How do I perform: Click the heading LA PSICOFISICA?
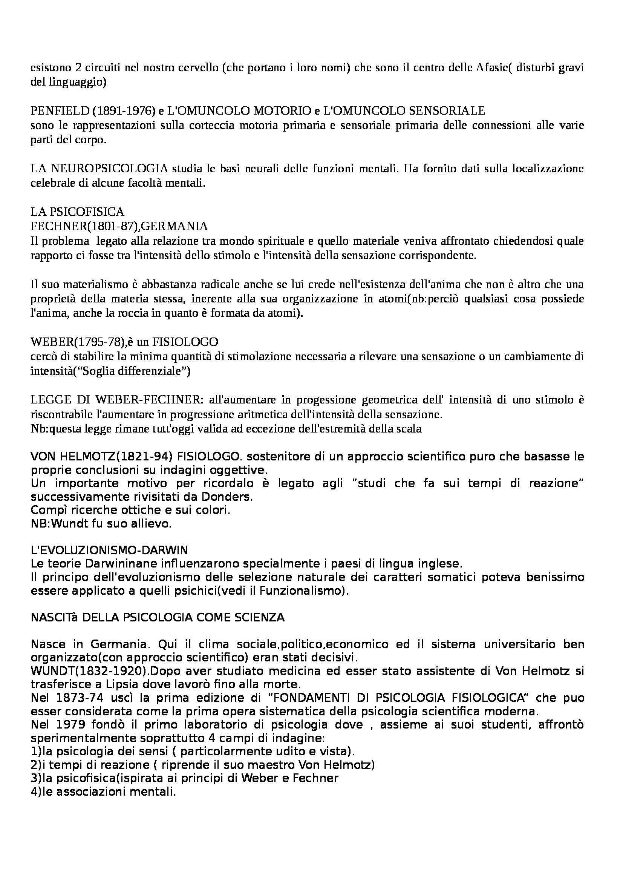[x=78, y=212]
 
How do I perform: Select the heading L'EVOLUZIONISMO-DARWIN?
[x=109, y=551]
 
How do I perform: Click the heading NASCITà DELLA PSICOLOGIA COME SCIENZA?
[x=158, y=618]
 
